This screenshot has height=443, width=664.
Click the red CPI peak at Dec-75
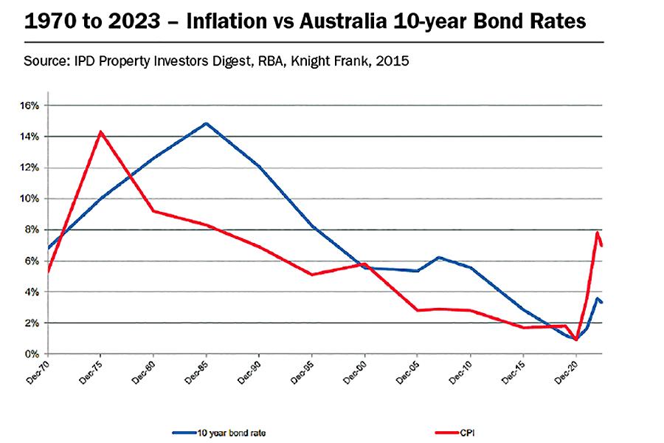[100, 132]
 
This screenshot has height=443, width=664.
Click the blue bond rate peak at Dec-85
[206, 123]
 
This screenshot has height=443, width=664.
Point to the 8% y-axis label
[30, 230]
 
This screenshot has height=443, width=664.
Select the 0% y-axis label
[30, 354]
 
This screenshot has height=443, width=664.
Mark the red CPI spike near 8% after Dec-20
[597, 233]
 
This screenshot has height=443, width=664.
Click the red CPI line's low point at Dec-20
[575, 340]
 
